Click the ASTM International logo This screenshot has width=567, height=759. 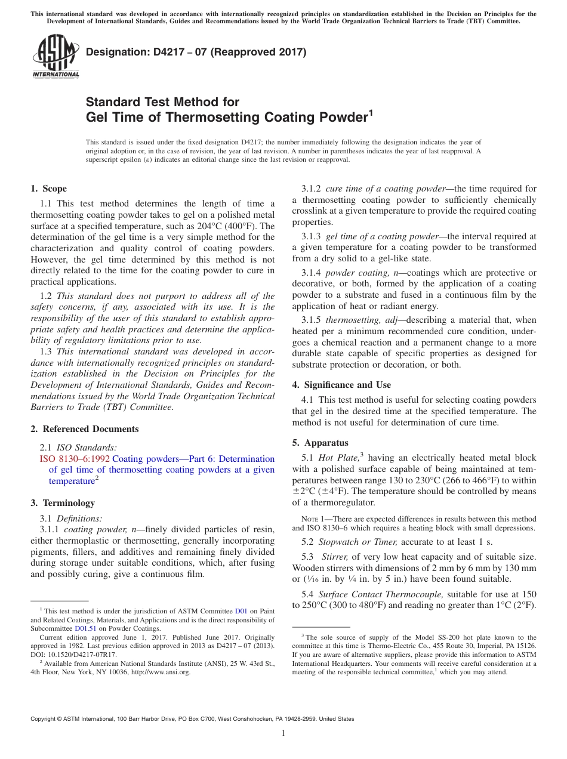(55, 56)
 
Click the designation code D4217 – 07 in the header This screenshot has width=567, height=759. (196, 52)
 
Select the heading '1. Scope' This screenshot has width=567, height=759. (48, 189)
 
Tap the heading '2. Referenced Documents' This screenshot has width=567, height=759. (84, 429)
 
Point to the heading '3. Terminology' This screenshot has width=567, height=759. (62, 503)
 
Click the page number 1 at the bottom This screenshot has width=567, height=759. (283, 733)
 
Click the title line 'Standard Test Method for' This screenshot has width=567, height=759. (162, 102)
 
